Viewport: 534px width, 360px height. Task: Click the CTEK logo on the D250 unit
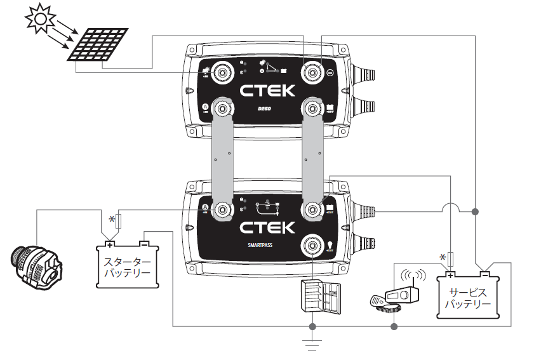tap(267, 90)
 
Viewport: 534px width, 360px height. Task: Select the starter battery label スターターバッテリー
tap(127, 267)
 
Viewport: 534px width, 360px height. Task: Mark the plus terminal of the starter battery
tap(109, 244)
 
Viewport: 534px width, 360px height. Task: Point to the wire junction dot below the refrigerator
tap(312, 326)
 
